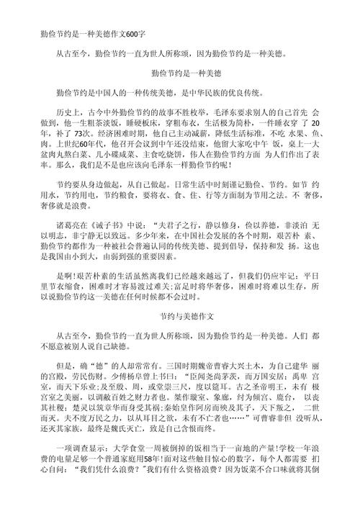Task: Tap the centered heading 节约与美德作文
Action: pyautogui.click(x=180, y=316)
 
